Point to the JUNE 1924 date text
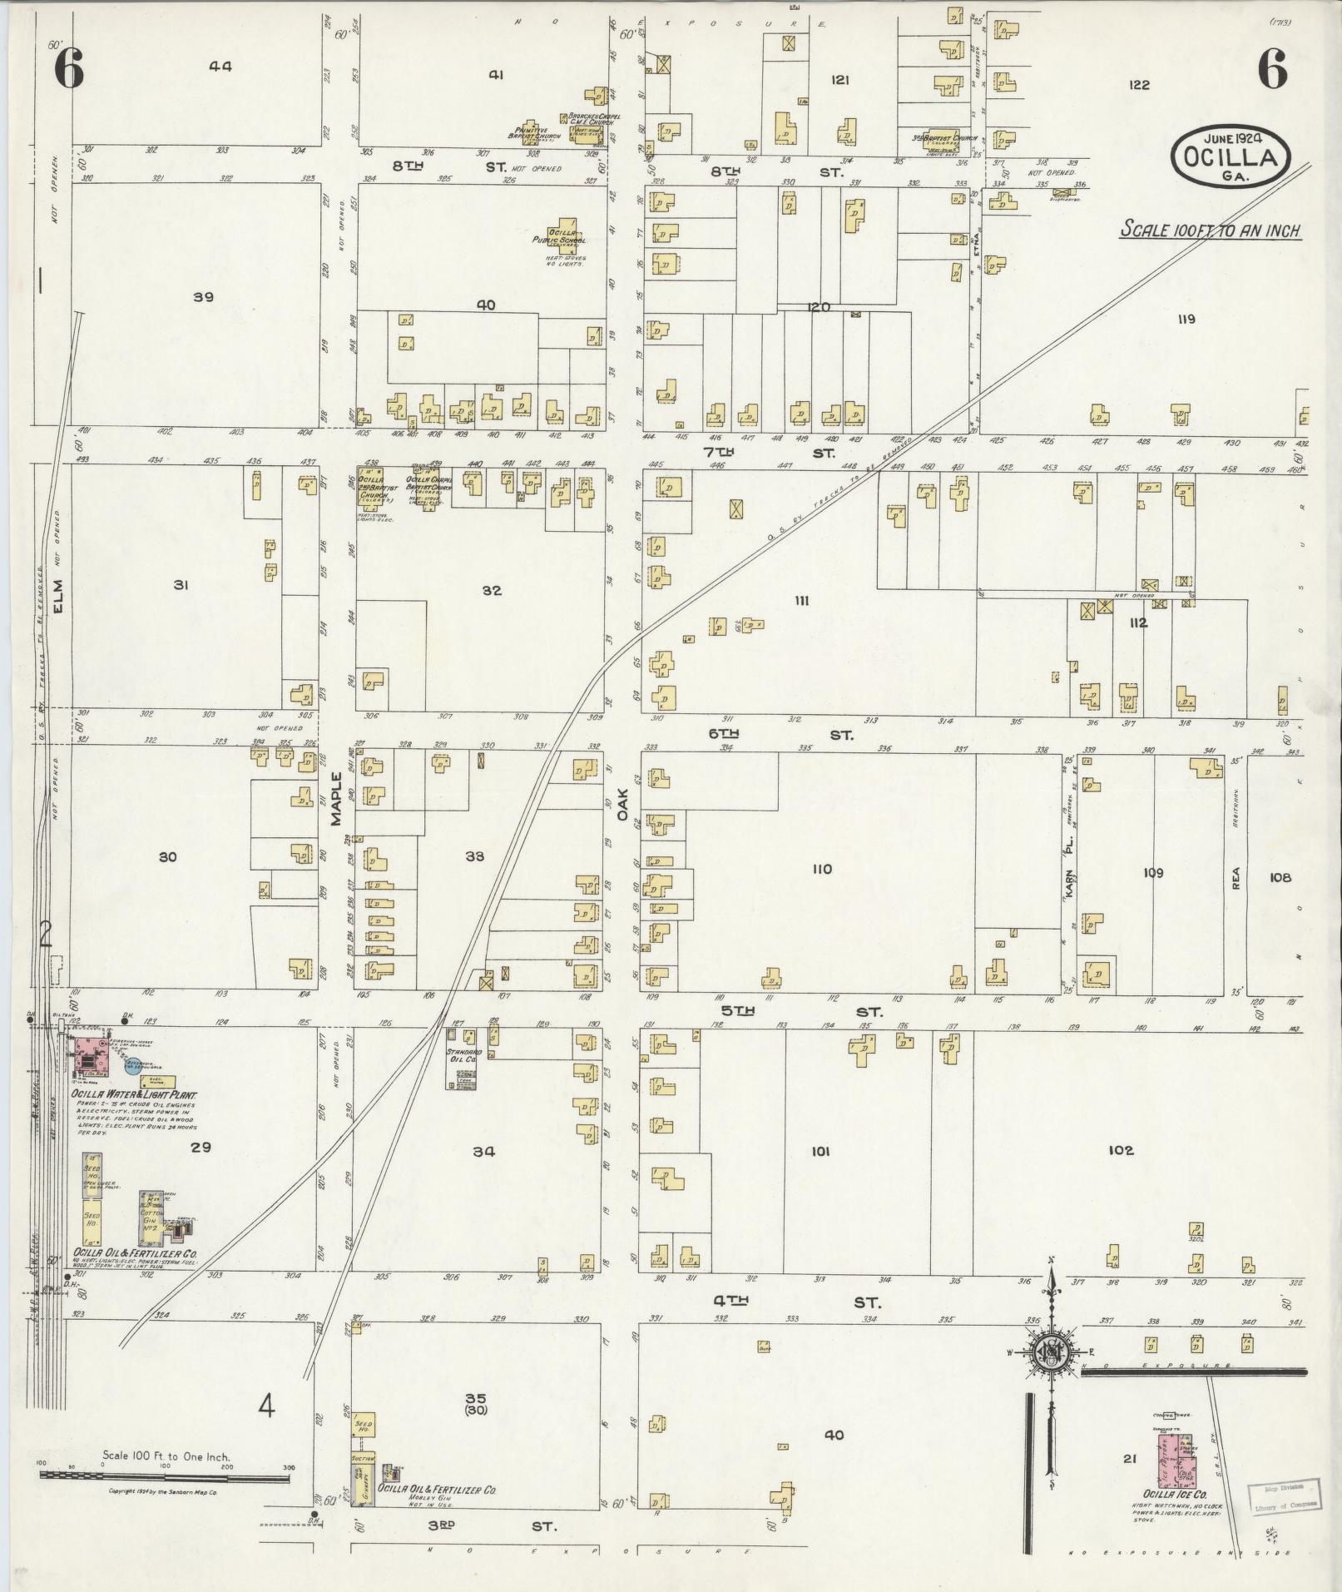coord(1231,133)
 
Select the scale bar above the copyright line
coord(165,1476)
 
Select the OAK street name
coord(621,805)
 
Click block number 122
coord(1139,84)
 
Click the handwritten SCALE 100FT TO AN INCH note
coord(1210,230)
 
